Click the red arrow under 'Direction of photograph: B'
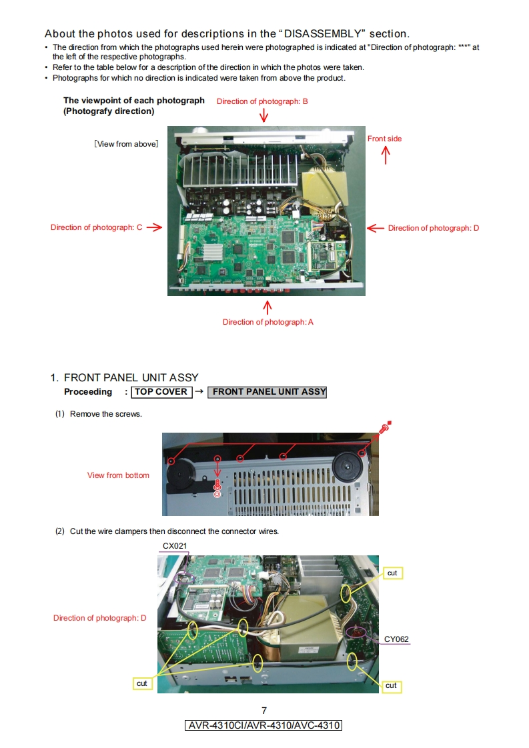pyautogui.click(x=263, y=115)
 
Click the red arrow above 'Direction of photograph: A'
pyautogui.click(x=268, y=308)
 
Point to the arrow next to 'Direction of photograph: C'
pyautogui.click(x=154, y=227)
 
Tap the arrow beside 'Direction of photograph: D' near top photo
pyautogui.click(x=376, y=228)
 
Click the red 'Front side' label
pyautogui.click(x=384, y=139)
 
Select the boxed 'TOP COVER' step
pyautogui.click(x=161, y=392)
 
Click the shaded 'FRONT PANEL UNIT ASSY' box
pyautogui.click(x=268, y=392)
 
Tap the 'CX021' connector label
pyautogui.click(x=175, y=546)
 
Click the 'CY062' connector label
pyautogui.click(x=396, y=639)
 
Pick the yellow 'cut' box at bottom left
pyautogui.click(x=142, y=683)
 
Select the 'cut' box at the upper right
pyautogui.click(x=392, y=573)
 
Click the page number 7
pyautogui.click(x=264, y=710)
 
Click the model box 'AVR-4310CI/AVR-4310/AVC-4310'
pyautogui.click(x=263, y=725)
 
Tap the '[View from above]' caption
pyautogui.click(x=126, y=144)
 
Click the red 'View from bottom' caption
pyautogui.click(x=118, y=475)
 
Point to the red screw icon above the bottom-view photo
pyautogui.click(x=386, y=427)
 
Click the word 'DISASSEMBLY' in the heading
pyautogui.click(x=322, y=34)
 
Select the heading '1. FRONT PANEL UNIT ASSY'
pyautogui.click(x=124, y=378)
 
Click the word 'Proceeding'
pyautogui.click(x=88, y=392)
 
